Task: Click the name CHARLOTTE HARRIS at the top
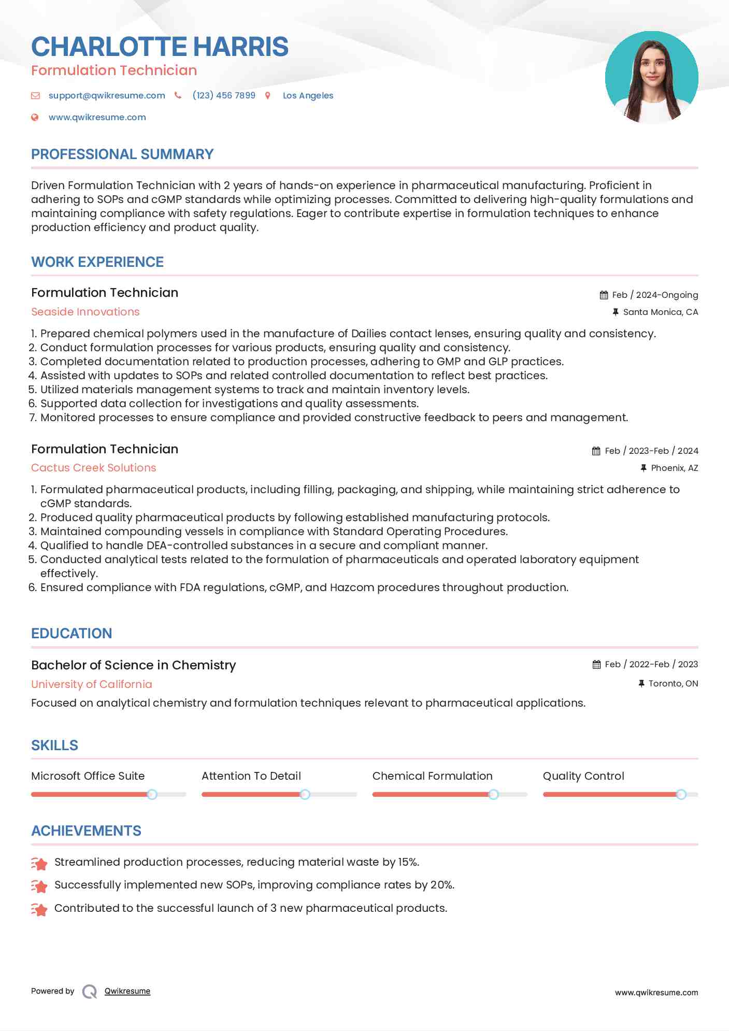[x=160, y=47]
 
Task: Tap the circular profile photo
[x=651, y=77]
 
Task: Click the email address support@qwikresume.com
[x=107, y=95]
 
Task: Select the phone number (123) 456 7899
[x=224, y=95]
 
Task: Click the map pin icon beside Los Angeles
[x=268, y=95]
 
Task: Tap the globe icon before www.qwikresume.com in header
[x=35, y=117]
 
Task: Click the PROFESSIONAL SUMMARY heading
[x=122, y=154]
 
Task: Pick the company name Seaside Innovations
[x=85, y=312]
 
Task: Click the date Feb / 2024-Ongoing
[x=655, y=295]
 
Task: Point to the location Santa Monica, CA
[x=660, y=312]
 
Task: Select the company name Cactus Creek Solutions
[x=93, y=468]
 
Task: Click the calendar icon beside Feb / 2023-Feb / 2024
[x=596, y=451]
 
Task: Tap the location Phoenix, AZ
[x=674, y=468]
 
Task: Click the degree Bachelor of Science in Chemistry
[x=134, y=665]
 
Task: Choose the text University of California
[x=92, y=684]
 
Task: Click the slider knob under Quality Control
[x=681, y=794]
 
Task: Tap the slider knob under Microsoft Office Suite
[x=152, y=794]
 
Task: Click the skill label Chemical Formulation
[x=432, y=776]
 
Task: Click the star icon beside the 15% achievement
[x=39, y=863]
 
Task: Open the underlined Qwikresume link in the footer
[x=127, y=991]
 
